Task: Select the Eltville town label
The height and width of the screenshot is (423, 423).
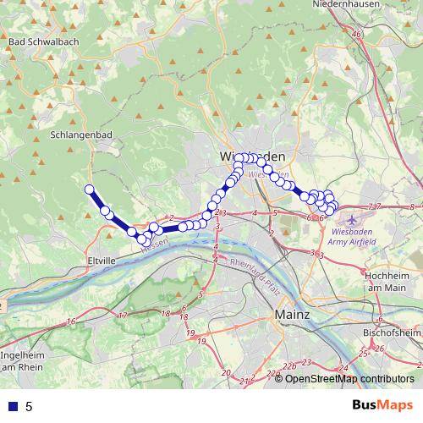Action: [100, 261]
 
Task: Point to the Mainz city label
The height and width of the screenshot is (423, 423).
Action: [293, 315]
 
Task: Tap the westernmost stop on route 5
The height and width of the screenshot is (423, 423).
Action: [89, 189]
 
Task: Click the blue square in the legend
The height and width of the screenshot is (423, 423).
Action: [12, 406]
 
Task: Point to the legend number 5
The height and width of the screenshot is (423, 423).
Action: [29, 406]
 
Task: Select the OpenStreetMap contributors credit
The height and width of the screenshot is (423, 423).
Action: [349, 379]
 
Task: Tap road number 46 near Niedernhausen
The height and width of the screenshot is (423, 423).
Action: [357, 35]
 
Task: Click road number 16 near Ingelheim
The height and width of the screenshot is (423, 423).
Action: [72, 321]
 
